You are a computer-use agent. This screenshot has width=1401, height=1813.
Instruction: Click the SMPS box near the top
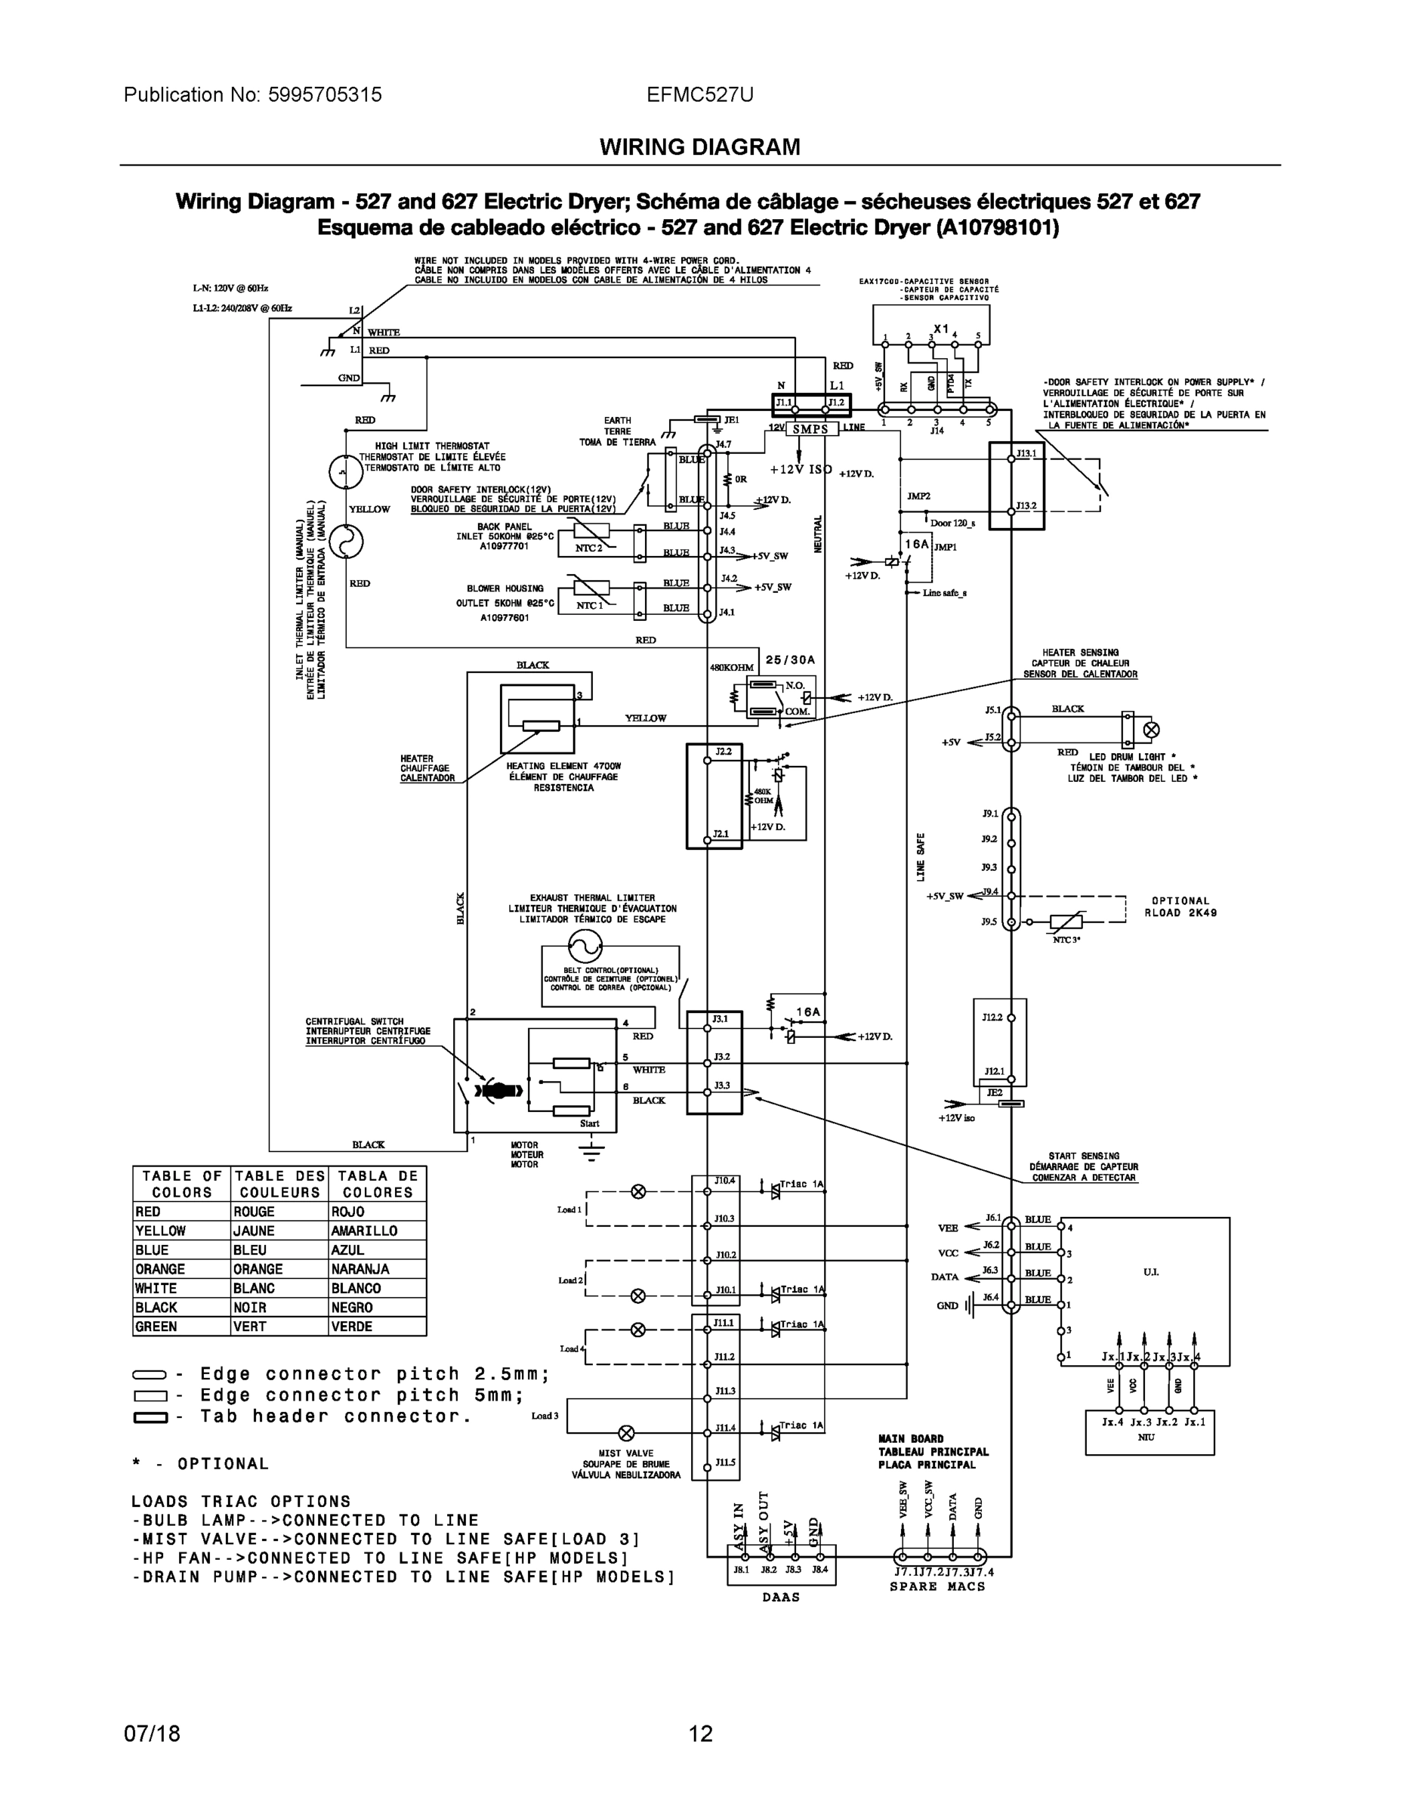(810, 429)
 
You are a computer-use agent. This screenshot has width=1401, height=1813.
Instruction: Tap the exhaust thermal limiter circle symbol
(585, 945)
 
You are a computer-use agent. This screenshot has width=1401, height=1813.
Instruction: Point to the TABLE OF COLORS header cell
(182, 1184)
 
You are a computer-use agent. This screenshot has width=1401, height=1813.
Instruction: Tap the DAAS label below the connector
(781, 1597)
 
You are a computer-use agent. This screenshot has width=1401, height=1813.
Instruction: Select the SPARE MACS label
(938, 1586)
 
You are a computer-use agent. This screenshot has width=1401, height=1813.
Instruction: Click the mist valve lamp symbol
(628, 1433)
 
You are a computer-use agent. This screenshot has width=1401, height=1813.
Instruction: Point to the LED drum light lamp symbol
(1151, 730)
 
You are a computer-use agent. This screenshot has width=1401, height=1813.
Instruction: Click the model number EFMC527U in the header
(699, 94)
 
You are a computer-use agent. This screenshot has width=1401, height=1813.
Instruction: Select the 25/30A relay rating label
(790, 660)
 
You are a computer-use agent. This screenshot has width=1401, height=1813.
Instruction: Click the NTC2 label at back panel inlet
(588, 548)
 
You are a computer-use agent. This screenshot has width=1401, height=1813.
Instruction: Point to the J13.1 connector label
(1026, 453)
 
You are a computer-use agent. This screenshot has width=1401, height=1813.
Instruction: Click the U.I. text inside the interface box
(1150, 1273)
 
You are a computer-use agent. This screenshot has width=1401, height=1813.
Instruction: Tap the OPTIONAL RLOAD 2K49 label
(1180, 906)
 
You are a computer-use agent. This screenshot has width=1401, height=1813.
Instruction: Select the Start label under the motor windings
(589, 1123)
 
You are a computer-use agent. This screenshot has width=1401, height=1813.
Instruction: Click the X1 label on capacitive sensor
(940, 329)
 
